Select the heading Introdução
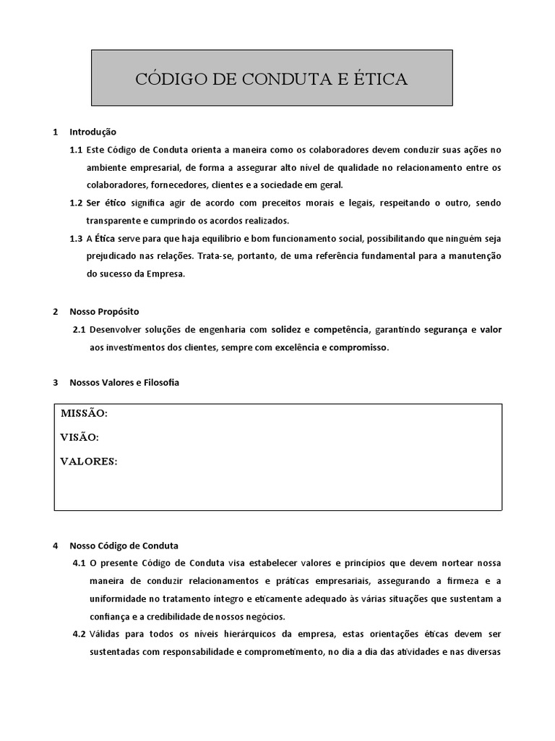(92, 132)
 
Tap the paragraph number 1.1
(76, 150)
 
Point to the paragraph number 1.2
(76, 203)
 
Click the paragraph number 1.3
(76, 238)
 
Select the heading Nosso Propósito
(104, 311)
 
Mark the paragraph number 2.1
(79, 329)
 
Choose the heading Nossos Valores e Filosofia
(124, 382)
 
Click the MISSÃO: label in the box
(84, 413)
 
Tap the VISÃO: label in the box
(79, 437)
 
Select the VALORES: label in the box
(88, 461)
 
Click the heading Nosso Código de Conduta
(124, 546)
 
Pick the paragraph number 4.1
(79, 563)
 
